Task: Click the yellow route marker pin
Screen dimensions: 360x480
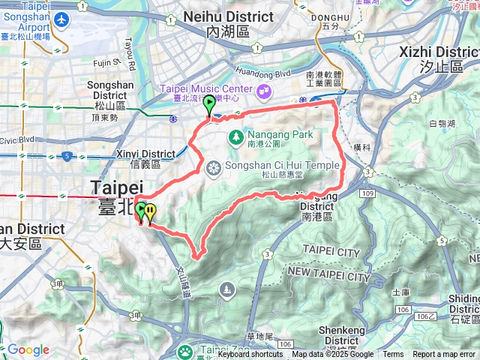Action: [151, 213]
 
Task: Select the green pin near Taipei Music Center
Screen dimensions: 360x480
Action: [209, 109]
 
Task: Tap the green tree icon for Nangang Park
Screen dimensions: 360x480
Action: [235, 136]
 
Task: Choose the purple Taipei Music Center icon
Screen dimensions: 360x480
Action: [263, 91]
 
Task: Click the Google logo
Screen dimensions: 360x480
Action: [28, 350]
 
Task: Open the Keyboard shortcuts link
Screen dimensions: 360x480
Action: [250, 355]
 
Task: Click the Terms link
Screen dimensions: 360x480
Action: [393, 355]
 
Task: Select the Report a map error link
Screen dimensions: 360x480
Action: [445, 355]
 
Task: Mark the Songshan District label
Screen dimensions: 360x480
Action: [110, 90]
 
